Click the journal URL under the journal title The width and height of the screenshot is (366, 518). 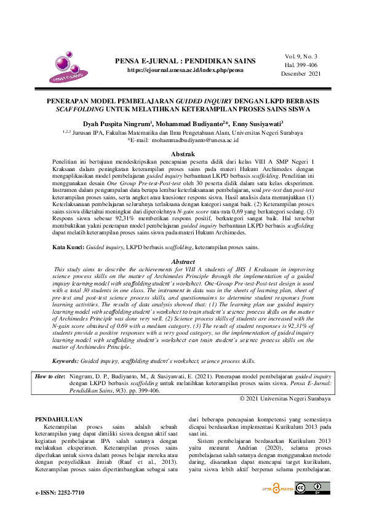185,71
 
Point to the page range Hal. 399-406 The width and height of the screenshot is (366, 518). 302,65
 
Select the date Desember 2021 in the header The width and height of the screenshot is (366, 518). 301,73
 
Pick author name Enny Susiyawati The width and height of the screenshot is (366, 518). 257,124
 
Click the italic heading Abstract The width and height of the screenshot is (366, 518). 183,261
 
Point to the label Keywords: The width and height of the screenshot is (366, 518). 66,361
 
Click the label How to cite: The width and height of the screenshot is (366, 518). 49,376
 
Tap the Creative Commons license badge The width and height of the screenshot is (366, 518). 312,488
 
